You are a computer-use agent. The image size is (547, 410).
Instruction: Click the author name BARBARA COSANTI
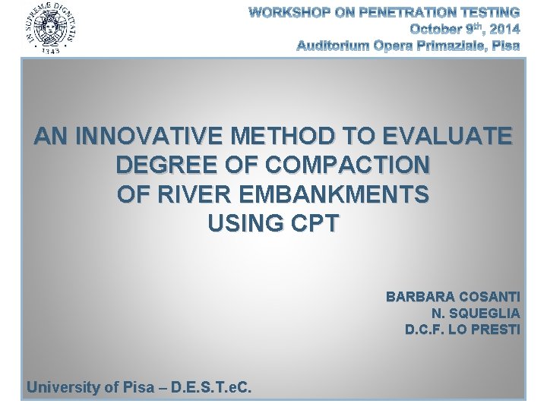coord(453,296)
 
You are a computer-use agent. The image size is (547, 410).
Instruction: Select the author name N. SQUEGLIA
coord(476,313)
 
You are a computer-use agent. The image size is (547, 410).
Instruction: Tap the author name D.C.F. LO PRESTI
coord(463,330)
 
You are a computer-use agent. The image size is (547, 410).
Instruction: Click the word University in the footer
coord(63,387)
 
